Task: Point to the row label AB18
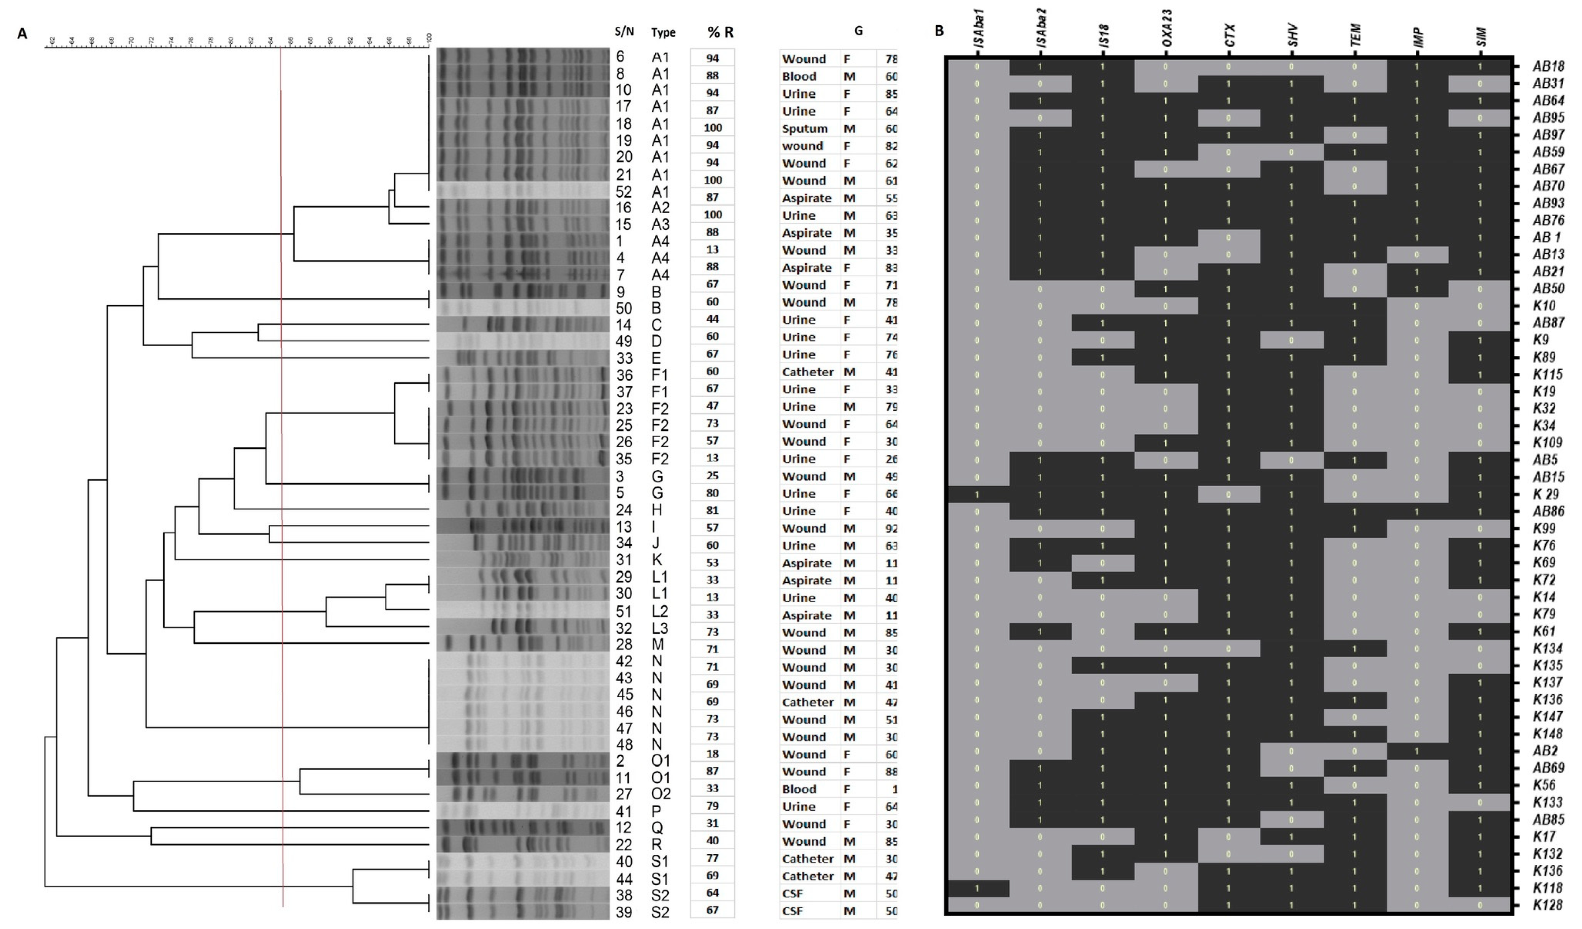tap(1548, 66)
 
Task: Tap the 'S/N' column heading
tap(624, 32)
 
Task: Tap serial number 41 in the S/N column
tap(624, 812)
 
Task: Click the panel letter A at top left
tap(23, 34)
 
